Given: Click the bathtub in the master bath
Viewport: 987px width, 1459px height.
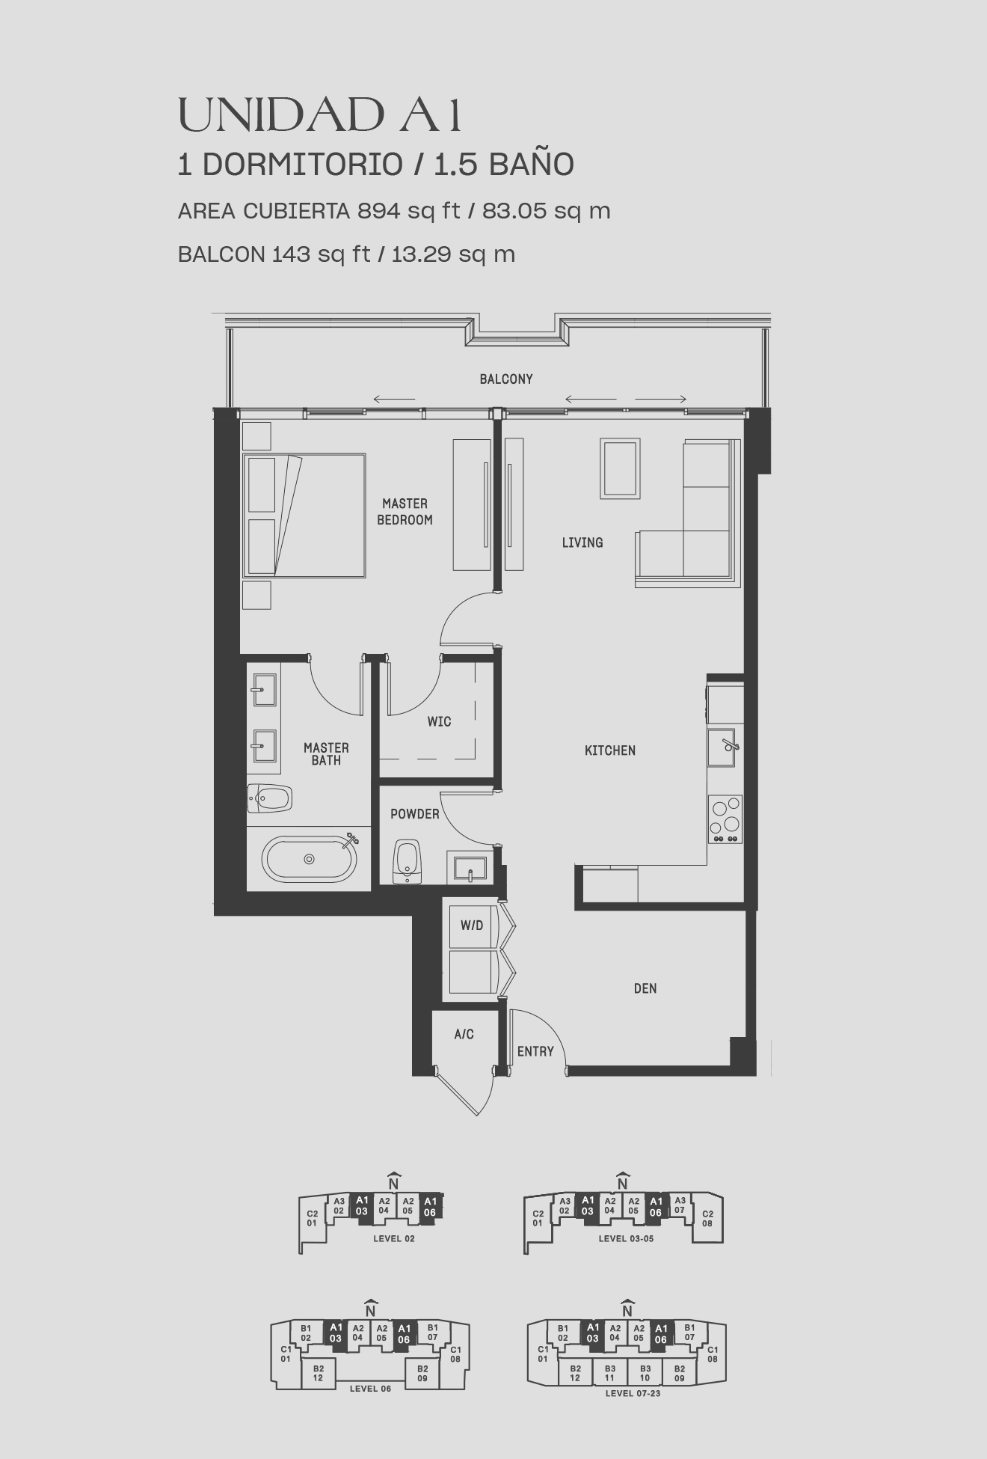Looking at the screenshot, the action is (x=310, y=858).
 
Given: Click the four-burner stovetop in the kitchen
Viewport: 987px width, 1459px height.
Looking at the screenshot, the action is (x=725, y=819).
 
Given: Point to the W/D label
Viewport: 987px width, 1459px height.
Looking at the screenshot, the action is (x=472, y=926).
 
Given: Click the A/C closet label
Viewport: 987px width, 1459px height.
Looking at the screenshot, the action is (x=464, y=1034).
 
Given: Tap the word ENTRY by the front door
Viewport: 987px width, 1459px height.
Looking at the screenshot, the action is (x=535, y=1051).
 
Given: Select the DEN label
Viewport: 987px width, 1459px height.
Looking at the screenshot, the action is (x=645, y=988).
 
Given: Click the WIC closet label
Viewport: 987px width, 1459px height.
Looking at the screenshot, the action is (x=439, y=721).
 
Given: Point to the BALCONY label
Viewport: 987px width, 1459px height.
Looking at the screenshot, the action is (x=506, y=379).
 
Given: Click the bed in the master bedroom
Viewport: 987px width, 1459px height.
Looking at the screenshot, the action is (x=304, y=515).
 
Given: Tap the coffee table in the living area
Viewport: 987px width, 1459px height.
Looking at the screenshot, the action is (x=620, y=468).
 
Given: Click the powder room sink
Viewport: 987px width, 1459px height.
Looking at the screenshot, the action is (x=470, y=869).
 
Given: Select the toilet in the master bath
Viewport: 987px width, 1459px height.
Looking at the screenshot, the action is (x=268, y=799).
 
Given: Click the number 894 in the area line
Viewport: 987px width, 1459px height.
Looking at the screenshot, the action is (x=379, y=211).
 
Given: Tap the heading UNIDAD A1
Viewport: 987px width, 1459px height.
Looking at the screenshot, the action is (x=320, y=116).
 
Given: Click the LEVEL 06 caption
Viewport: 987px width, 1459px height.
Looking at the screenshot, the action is (x=370, y=1389).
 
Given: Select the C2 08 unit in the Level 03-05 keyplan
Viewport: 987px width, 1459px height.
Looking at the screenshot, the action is (x=707, y=1218).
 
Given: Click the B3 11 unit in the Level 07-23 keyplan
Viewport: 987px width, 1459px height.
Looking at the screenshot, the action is (x=609, y=1373).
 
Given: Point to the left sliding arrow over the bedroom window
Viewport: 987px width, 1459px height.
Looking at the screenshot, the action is (x=394, y=399).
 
